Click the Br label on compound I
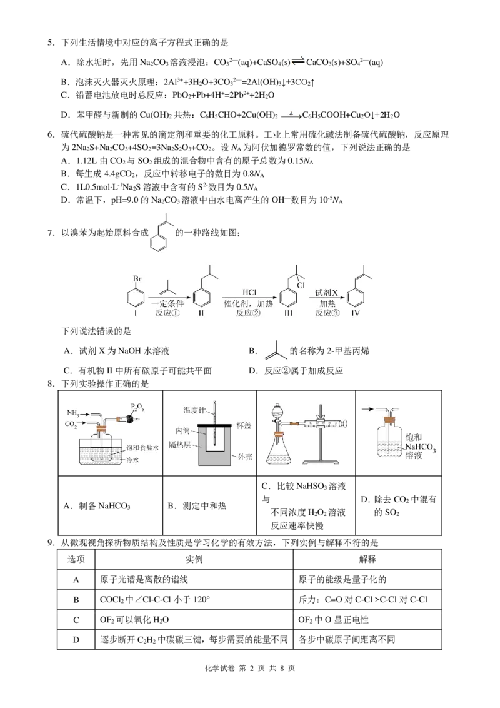pyautogui.click(x=137, y=279)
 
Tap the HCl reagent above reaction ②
pyautogui.click(x=249, y=293)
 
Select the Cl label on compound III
pyautogui.click(x=301, y=285)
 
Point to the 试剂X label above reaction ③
pyautogui.click(x=327, y=293)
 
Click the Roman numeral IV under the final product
pyautogui.click(x=356, y=313)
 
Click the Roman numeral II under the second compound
pyautogui.click(x=201, y=313)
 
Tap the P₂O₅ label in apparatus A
pyautogui.click(x=137, y=408)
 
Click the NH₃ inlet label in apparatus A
pyautogui.click(x=73, y=413)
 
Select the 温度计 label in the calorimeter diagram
pyautogui.click(x=194, y=410)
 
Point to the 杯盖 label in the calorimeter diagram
pyautogui.click(x=244, y=426)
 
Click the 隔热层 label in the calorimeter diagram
pyautogui.click(x=180, y=445)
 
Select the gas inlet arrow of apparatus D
pyautogui.click(x=368, y=410)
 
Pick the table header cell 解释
pyautogui.click(x=367, y=559)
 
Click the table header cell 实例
pyautogui.click(x=194, y=559)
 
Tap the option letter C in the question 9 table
pyautogui.click(x=76, y=619)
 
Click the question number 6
pyautogui.click(x=51, y=134)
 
